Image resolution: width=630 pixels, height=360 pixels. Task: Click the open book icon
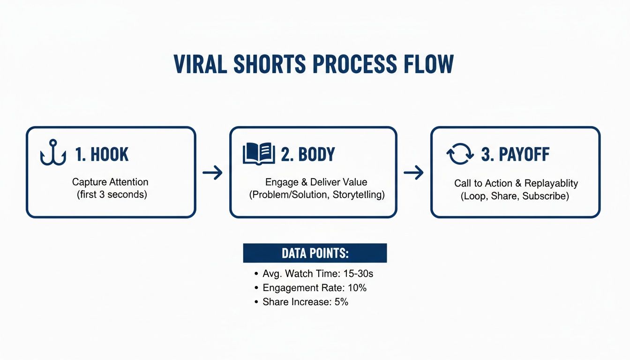tap(259, 153)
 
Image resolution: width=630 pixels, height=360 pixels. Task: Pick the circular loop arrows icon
tap(460, 154)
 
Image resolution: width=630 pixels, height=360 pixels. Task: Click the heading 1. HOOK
tap(102, 154)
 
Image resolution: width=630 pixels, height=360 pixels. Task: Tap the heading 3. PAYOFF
tap(515, 155)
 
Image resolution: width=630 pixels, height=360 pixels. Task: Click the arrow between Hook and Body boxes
tap(212, 173)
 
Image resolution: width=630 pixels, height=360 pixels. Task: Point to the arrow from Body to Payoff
tap(413, 173)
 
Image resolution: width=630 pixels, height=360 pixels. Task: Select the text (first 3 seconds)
tap(112, 195)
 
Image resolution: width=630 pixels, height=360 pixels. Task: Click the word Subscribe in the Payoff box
tap(547, 196)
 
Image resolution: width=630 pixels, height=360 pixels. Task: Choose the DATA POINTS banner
tap(315, 253)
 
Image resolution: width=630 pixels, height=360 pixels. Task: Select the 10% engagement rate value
tap(357, 288)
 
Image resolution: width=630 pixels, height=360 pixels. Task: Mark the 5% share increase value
tap(341, 302)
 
